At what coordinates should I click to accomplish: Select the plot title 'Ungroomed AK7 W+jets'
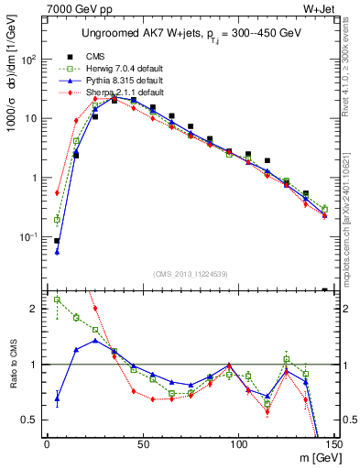146,34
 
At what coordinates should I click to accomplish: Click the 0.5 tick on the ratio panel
32,420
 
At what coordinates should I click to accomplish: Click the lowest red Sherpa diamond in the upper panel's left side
57,193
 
